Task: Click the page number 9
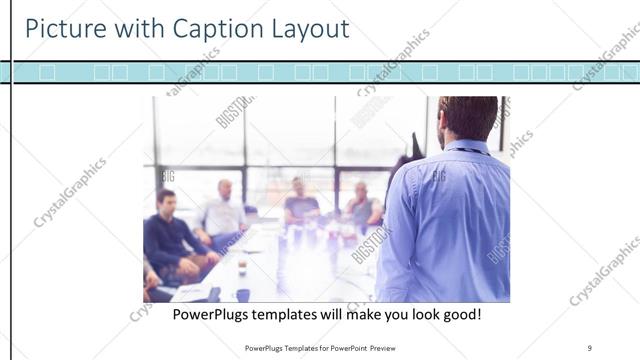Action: point(590,347)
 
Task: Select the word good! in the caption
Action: point(459,314)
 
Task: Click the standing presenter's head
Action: point(467,118)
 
